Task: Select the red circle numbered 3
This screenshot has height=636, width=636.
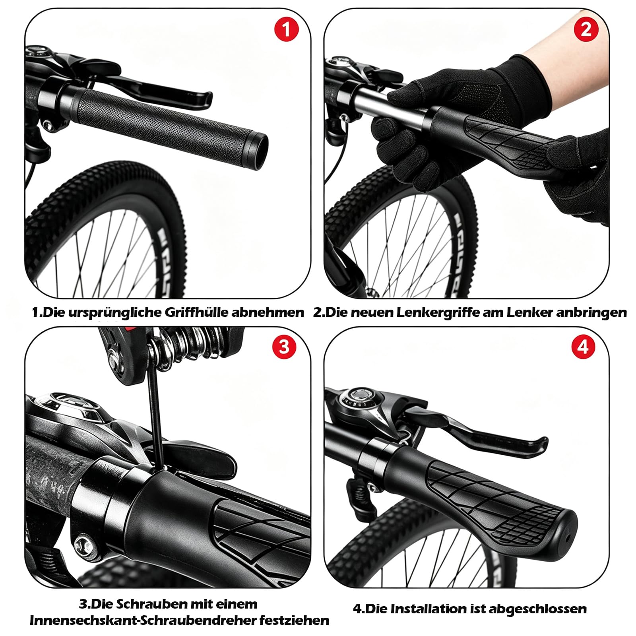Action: [284, 347]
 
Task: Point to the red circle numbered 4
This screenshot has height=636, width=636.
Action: [583, 347]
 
